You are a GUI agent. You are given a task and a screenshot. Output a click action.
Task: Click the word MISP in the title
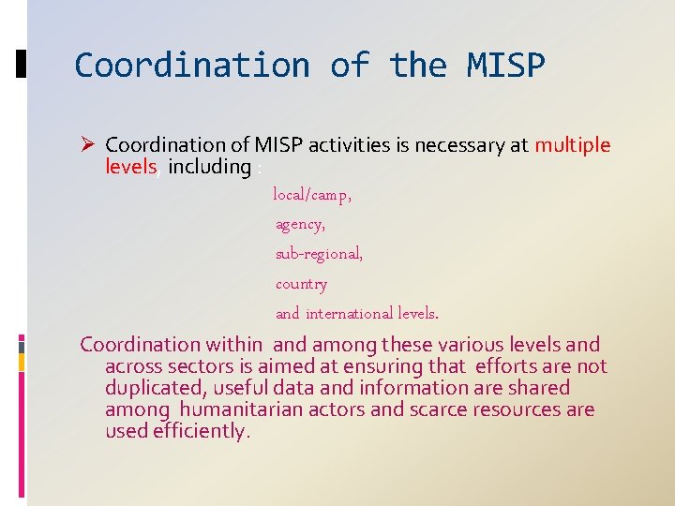(505, 66)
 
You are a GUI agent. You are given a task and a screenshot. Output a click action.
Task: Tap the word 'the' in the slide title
(419, 66)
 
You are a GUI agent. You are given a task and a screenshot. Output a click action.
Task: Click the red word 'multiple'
(572, 145)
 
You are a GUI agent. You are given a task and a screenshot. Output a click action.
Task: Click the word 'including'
(209, 167)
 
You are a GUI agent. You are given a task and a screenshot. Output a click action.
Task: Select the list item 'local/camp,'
(312, 195)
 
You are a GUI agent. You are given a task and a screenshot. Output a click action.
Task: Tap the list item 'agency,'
(300, 225)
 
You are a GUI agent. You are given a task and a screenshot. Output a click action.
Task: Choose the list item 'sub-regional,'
(319, 254)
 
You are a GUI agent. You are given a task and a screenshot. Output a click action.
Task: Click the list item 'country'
(301, 284)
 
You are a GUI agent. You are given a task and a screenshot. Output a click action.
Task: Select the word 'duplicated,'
(157, 388)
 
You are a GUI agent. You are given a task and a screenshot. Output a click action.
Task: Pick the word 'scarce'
(440, 409)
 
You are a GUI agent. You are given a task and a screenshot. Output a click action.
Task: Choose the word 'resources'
(522, 409)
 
